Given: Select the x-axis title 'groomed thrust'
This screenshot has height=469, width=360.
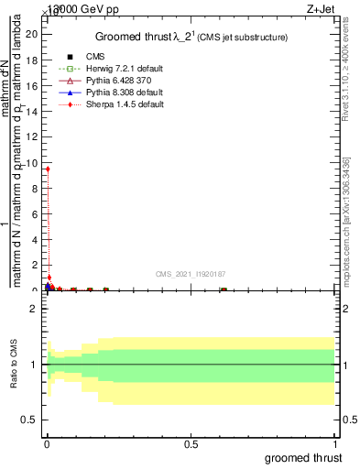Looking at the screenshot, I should pyautogui.click(x=303, y=457).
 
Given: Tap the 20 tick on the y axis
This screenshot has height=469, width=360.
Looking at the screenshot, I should pyautogui.click(x=32, y=34).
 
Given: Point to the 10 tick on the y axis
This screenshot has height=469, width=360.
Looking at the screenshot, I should pyautogui.click(x=32, y=162).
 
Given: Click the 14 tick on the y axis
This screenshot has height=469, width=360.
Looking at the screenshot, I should pyautogui.click(x=32, y=111).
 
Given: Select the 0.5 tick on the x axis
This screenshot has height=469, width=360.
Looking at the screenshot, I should pyautogui.click(x=191, y=443).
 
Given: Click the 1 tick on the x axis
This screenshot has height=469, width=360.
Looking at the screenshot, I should pyautogui.click(x=336, y=443).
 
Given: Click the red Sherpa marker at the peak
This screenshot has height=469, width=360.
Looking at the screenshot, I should pyautogui.click(x=48, y=169).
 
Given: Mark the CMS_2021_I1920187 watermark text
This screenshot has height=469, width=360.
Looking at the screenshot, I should pyautogui.click(x=190, y=273).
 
